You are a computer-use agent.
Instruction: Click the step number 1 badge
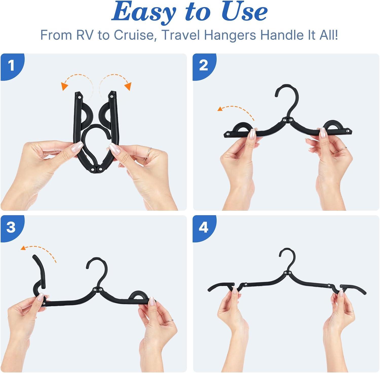pos(11,66)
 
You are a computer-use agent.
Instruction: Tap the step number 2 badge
pos(203,66)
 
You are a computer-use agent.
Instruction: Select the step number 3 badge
pos(11,227)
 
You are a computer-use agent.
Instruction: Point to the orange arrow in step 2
pos(236,110)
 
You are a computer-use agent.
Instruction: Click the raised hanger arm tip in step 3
pos(35,259)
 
